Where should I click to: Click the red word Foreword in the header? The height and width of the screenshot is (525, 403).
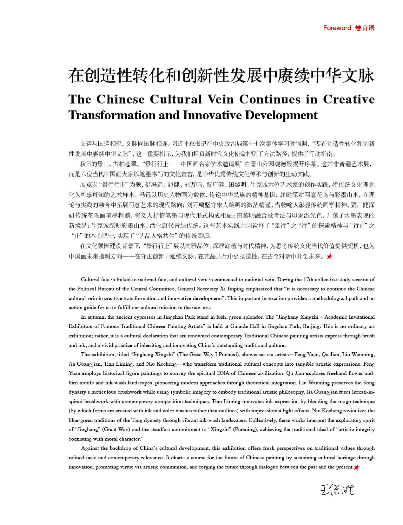[337, 28]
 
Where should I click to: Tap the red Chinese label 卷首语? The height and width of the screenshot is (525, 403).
[365, 28]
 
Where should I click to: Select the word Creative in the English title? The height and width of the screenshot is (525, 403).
[349, 99]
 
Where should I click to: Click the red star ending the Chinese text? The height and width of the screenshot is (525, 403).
[329, 256]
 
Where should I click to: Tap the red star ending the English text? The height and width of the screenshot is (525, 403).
[357, 467]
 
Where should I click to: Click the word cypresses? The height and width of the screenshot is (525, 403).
[150, 317]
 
